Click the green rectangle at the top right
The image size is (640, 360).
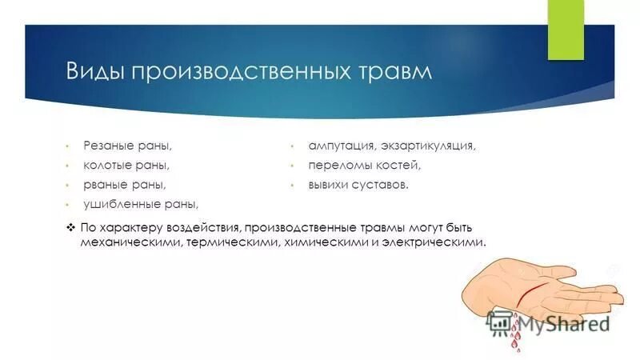click(566, 30)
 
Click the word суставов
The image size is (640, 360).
click(382, 185)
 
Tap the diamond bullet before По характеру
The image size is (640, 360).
click(70, 227)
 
